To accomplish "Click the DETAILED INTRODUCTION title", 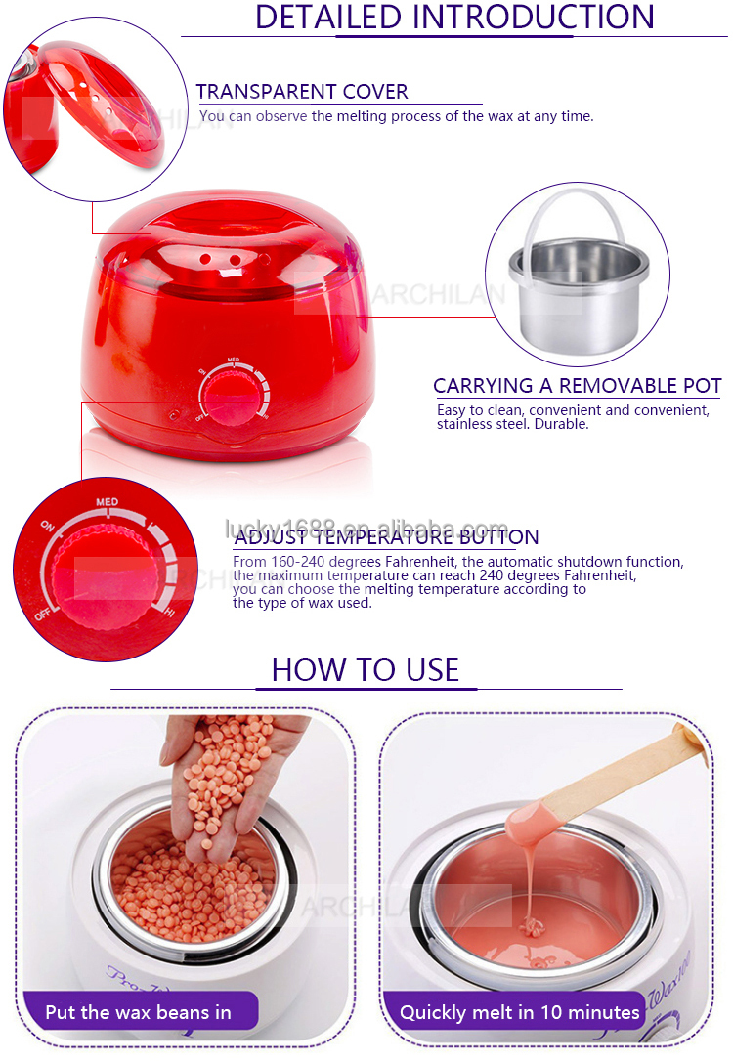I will (x=454, y=17).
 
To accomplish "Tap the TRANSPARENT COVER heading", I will (x=302, y=92).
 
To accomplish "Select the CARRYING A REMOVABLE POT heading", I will (x=577, y=386).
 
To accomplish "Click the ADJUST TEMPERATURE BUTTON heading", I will (x=386, y=536).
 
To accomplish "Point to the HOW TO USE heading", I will (x=365, y=669).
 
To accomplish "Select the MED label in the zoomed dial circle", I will (x=108, y=502).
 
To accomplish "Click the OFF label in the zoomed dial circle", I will (x=43, y=615).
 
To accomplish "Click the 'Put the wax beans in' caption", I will (x=139, y=1011).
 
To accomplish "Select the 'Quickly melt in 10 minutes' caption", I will (x=520, y=1011).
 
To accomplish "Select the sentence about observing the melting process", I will (x=396, y=116).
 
